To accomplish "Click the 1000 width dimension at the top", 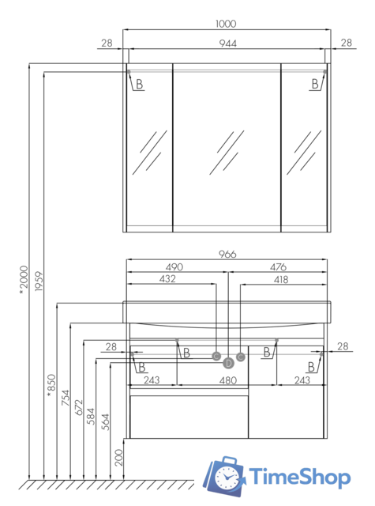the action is click(226, 24).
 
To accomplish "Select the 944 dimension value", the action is click(228, 43).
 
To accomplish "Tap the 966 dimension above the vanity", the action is click(227, 255).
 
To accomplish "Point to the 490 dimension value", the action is click(174, 267).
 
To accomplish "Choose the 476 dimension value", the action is click(278, 267).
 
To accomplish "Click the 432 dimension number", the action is click(167, 279).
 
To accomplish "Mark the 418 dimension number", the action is click(280, 279).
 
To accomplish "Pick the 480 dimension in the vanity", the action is click(228, 380).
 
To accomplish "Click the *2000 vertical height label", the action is click(24, 280).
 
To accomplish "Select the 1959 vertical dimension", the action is click(39, 281).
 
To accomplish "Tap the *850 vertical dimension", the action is click(51, 386).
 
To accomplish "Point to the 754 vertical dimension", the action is click(66, 398).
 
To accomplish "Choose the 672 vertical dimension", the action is click(79, 407).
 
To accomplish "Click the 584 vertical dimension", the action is click(91, 417).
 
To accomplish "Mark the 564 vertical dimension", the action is click(105, 422).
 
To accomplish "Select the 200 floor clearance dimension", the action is click(119, 458).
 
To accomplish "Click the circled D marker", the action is click(228, 364).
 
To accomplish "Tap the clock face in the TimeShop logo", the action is click(227, 478).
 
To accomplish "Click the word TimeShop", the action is click(299, 477).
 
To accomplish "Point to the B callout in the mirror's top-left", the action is click(139, 85).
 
